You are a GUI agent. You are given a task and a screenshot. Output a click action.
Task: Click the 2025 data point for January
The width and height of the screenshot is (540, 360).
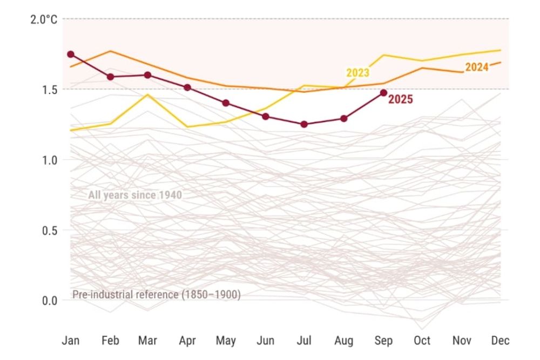pyautogui.click(x=70, y=55)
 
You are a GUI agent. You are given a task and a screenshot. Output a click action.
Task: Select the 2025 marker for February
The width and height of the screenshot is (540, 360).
pyautogui.click(x=110, y=77)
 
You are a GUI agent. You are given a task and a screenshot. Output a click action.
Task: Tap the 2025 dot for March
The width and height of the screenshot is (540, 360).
pyautogui.click(x=147, y=75)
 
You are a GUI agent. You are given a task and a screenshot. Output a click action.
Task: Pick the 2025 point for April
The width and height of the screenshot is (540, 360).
pyautogui.click(x=187, y=87)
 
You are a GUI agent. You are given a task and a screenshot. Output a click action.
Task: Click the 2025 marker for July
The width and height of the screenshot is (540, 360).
pyautogui.click(x=304, y=124)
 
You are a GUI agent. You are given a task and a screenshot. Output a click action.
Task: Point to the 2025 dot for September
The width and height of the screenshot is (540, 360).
pyautogui.click(x=383, y=93)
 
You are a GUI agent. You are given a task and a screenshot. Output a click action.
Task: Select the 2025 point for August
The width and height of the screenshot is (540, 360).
pyautogui.click(x=344, y=118)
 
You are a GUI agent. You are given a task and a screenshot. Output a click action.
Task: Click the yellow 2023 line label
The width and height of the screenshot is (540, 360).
pyautogui.click(x=357, y=73)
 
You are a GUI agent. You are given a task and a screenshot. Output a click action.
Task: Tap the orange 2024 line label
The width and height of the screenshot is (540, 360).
pyautogui.click(x=477, y=67)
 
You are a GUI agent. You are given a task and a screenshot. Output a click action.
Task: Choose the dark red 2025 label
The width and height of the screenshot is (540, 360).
pyautogui.click(x=401, y=99)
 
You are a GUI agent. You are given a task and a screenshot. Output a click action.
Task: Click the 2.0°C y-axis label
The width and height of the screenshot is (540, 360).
pyautogui.click(x=43, y=19)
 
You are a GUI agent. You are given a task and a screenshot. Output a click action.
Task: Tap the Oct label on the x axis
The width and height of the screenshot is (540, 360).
pyautogui.click(x=422, y=341)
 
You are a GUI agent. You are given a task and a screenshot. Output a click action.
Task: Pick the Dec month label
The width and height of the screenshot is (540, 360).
pyautogui.click(x=501, y=341)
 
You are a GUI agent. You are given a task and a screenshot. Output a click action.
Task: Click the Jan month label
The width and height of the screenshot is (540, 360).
pyautogui.click(x=70, y=341)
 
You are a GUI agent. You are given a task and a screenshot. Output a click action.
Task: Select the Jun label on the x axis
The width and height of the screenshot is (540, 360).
pyautogui.click(x=265, y=341)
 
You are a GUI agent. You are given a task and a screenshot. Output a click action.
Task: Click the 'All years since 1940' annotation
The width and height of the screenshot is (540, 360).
pyautogui.click(x=135, y=195)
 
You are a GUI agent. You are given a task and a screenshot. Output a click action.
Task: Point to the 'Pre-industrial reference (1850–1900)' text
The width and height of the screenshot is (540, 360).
pyautogui.click(x=156, y=295)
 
